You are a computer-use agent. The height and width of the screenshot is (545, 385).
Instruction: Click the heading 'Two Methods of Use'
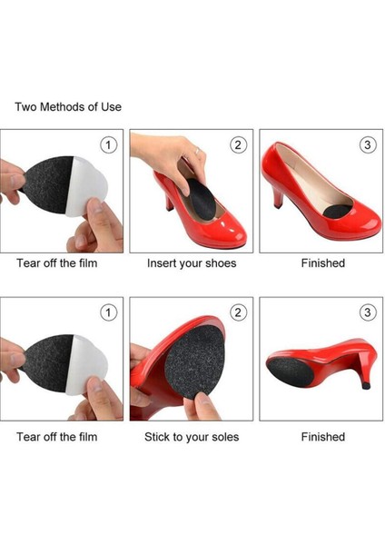click(68, 106)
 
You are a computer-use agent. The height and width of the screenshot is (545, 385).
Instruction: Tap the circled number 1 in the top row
click(108, 144)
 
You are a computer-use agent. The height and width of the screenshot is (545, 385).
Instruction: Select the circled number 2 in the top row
click(238, 144)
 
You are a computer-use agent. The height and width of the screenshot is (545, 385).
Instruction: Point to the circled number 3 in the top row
click(368, 144)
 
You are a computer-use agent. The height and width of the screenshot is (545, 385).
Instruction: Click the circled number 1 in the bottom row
click(108, 312)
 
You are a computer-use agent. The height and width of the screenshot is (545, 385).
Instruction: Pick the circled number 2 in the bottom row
click(238, 312)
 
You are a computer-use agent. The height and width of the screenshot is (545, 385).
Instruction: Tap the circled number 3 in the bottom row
click(368, 312)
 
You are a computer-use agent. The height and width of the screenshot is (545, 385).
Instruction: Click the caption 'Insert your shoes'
click(192, 263)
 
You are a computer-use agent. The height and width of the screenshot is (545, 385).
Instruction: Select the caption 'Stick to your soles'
click(192, 437)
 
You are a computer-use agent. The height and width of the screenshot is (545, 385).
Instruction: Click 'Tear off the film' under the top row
click(57, 263)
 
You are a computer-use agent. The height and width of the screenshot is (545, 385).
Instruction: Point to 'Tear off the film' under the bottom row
click(57, 437)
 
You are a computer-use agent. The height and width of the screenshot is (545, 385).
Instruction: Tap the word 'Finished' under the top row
click(323, 263)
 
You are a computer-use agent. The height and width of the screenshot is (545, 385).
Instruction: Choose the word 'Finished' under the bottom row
click(323, 437)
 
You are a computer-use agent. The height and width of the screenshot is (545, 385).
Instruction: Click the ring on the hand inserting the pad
click(197, 151)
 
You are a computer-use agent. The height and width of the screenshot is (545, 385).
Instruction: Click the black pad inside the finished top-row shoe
click(338, 212)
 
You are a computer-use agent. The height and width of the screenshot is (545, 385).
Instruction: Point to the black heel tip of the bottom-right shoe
click(366, 385)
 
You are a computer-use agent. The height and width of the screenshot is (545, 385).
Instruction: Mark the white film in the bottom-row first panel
click(86, 365)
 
